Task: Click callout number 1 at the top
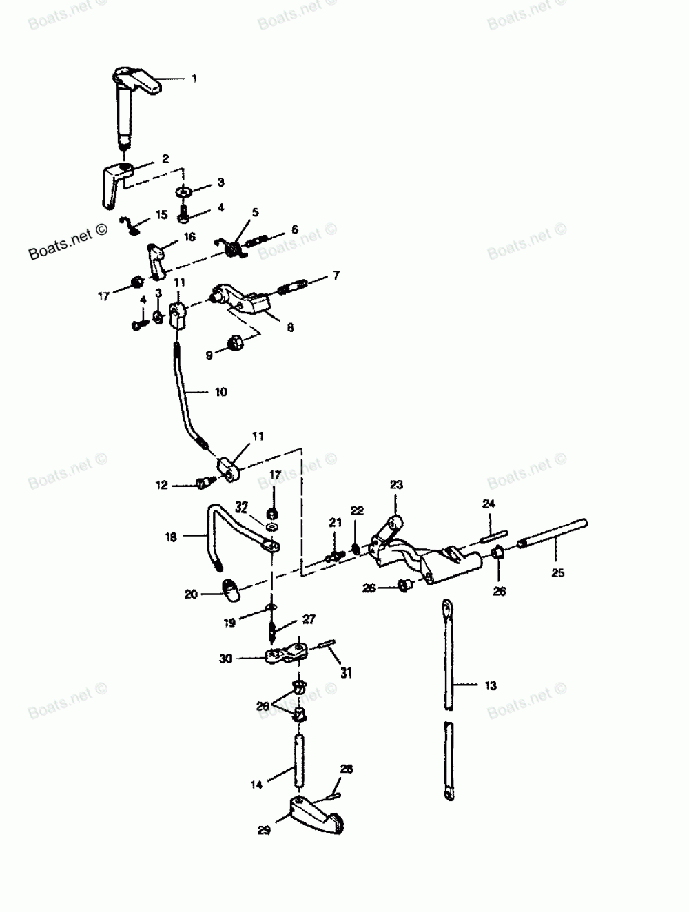coord(194,79)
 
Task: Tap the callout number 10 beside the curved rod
coord(221,392)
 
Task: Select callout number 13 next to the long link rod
coord(490,685)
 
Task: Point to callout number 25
coord(557,572)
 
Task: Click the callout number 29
coord(264,831)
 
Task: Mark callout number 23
coord(396,486)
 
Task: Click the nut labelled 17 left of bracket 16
coord(137,282)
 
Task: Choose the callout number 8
coord(290,329)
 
